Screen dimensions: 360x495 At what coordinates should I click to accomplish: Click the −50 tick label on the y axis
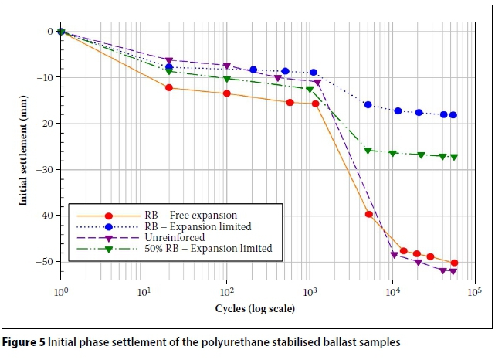(45, 262)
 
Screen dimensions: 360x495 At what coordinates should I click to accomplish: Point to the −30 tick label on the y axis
(45, 170)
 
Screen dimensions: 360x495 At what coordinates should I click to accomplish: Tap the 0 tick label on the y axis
(49, 32)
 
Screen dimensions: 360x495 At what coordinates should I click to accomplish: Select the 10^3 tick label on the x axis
(310, 294)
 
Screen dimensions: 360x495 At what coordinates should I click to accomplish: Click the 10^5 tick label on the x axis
(476, 294)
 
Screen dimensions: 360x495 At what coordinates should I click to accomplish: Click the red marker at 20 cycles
(169, 87)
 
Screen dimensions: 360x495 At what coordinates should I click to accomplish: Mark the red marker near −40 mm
(368, 214)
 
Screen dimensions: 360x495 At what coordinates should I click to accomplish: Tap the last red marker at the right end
(454, 263)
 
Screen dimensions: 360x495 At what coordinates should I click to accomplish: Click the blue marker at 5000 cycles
(368, 104)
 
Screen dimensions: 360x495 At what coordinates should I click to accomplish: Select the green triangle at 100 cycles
(227, 79)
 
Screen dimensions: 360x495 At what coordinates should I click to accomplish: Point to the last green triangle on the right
(454, 157)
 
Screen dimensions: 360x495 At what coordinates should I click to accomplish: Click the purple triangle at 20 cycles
(169, 60)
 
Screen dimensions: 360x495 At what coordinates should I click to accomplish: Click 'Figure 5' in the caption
(28, 341)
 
